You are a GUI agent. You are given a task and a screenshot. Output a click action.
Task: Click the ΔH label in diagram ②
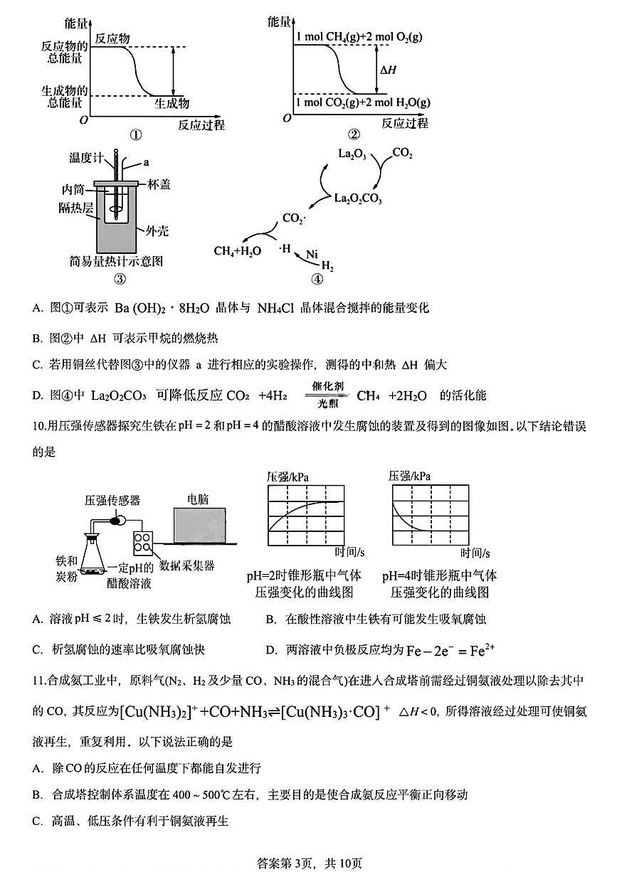coord(389,70)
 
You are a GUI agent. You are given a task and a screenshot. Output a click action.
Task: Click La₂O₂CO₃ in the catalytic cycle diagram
coord(358,200)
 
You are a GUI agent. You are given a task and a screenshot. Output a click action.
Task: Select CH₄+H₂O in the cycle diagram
coord(237,251)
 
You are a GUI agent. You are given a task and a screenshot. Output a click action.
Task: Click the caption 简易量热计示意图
coord(117,261)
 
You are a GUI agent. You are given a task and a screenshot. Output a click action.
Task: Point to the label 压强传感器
coord(112,501)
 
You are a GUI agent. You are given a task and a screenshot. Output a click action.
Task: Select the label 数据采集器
coord(187,566)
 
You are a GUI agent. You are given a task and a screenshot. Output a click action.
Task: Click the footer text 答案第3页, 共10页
coord(308,863)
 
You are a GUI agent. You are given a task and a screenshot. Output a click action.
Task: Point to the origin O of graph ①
coord(84,119)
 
